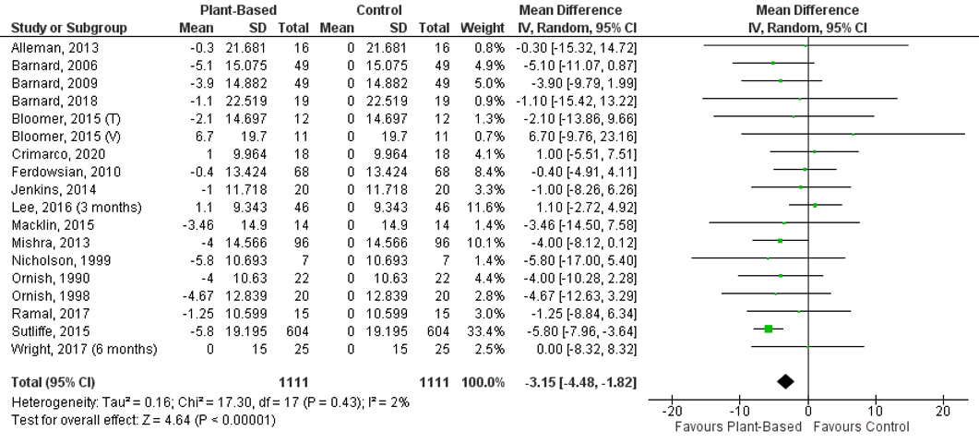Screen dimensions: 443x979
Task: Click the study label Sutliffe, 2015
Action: pos(44,329)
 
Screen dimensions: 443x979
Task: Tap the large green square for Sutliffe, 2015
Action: pos(768,329)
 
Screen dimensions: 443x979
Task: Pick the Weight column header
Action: pos(484,28)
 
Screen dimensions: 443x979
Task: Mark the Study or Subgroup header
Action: pos(69,28)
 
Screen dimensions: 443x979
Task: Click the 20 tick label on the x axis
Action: pos(942,411)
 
